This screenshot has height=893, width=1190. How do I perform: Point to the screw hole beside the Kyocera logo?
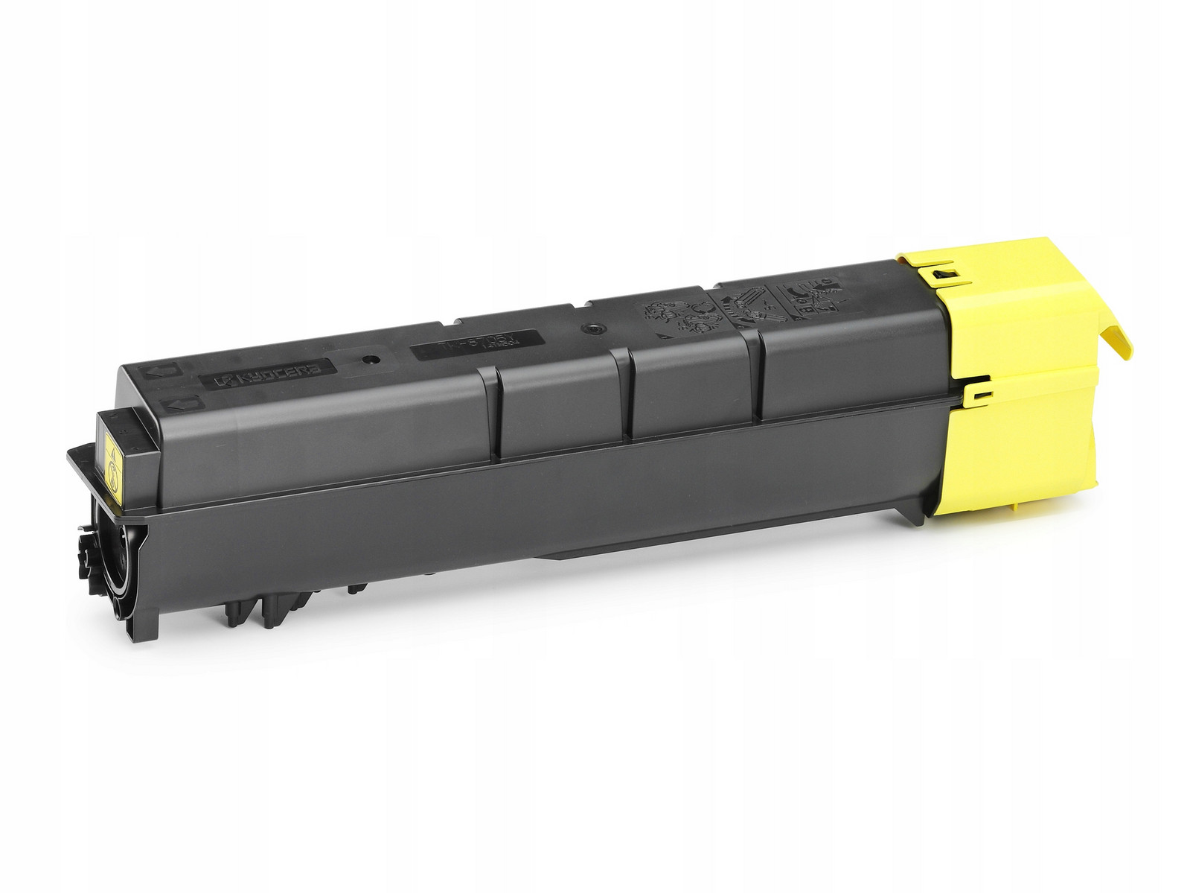point(366,358)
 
